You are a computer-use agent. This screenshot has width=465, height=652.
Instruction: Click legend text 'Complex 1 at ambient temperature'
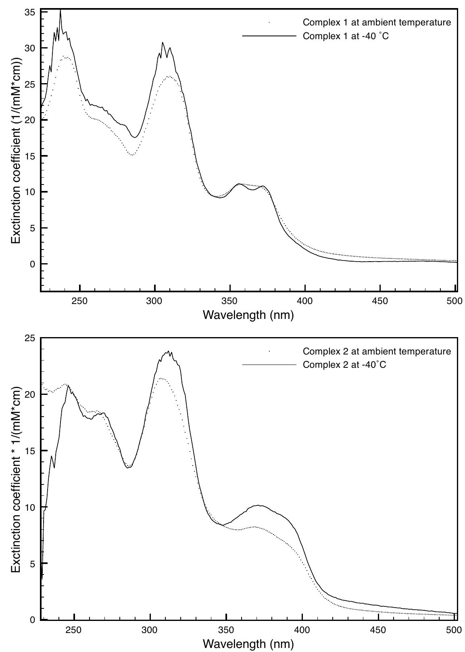(377, 23)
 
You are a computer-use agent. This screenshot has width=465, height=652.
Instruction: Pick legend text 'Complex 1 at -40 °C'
(346, 36)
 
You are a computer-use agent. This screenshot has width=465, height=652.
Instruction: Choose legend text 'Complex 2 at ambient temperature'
(377, 351)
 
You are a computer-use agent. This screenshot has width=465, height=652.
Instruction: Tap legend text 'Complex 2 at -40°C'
(344, 365)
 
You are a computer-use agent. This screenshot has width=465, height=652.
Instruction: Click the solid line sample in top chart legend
(269, 36)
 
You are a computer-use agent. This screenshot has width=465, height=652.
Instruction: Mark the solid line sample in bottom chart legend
(269, 365)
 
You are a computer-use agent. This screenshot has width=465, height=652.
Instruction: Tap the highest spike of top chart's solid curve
(60, 10)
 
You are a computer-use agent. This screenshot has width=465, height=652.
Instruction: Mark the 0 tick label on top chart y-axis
(33, 264)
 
